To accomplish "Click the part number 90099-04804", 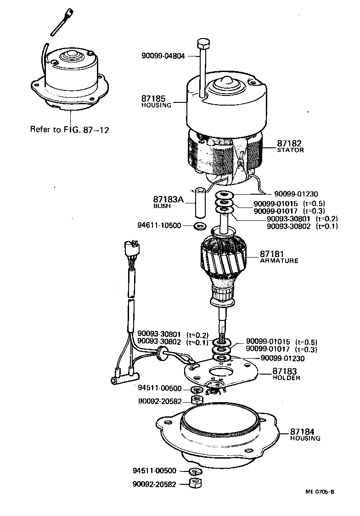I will coord(163,56).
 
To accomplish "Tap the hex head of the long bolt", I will coord(202,45).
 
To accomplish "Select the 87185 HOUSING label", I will coord(156,101).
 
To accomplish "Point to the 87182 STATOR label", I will coord(290,146).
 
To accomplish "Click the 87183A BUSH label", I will coord(168,202).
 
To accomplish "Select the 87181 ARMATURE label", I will coord(279,257).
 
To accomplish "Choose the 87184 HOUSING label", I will coord(305,434).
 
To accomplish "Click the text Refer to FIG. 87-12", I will coord(69,129).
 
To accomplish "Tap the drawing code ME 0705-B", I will coord(320,491).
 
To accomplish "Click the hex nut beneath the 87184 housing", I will coord(196,483).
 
